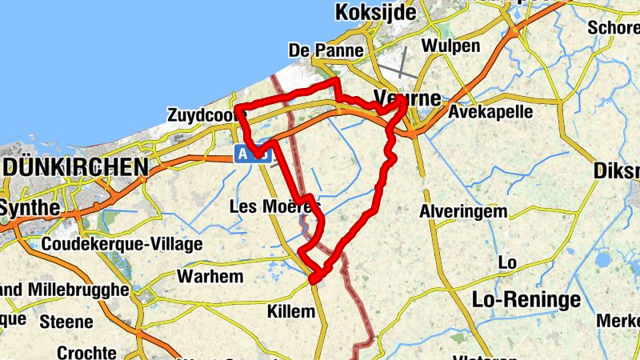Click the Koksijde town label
click(376, 13)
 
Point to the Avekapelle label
click(490, 111)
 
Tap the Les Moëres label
click(274, 206)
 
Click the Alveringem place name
click(463, 212)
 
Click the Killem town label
click(291, 311)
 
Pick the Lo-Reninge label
click(526, 300)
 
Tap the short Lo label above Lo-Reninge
click(507, 263)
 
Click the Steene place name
click(66, 322)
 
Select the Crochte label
click(86, 353)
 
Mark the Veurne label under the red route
click(407, 99)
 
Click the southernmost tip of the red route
click(314, 280)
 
